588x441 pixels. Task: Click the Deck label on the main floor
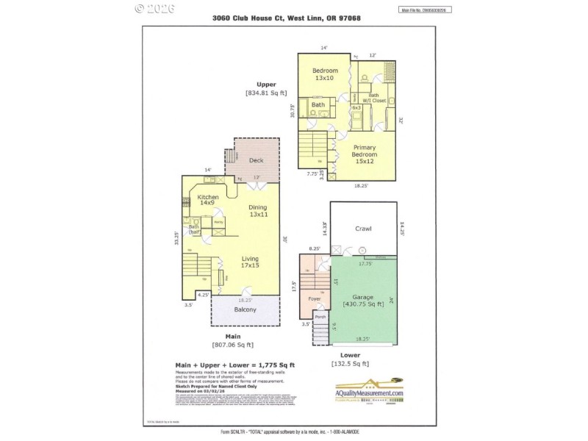click(257, 160)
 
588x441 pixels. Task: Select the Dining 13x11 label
click(257, 211)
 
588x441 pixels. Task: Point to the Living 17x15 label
click(250, 262)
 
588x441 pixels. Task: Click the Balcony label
click(245, 309)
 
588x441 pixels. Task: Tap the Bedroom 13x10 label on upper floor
click(324, 73)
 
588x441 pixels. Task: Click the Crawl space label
click(363, 229)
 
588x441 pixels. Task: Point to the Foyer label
click(313, 299)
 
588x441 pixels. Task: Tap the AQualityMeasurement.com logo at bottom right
click(365, 387)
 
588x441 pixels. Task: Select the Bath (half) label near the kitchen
click(195, 229)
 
